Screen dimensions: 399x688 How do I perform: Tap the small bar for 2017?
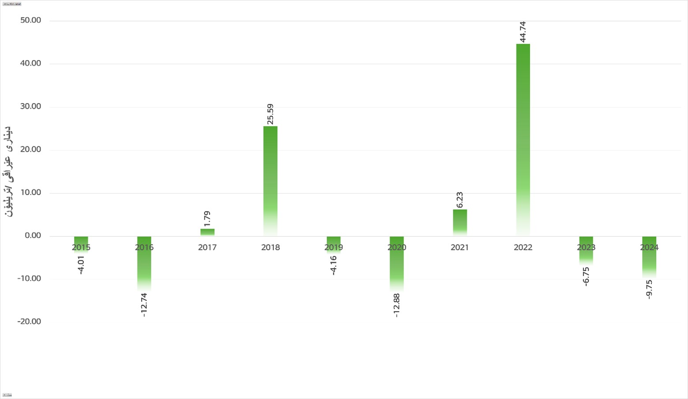click(x=207, y=232)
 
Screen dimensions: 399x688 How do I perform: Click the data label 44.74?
click(x=523, y=32)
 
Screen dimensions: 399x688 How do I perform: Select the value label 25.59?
click(x=270, y=114)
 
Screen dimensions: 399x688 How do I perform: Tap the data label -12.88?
click(x=396, y=305)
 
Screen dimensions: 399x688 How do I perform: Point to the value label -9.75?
click(x=649, y=289)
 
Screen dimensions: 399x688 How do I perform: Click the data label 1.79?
click(x=207, y=218)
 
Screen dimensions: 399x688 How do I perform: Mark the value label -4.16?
click(x=333, y=265)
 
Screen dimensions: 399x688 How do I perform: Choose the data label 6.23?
click(x=460, y=200)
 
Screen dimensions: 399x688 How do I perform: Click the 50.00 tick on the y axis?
click(x=30, y=20)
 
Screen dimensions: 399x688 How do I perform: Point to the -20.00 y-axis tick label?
click(x=29, y=321)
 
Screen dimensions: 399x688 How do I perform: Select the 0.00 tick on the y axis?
click(x=33, y=236)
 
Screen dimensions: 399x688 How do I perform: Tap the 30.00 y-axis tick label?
click(x=30, y=107)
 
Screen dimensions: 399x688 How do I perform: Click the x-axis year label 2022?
click(x=523, y=248)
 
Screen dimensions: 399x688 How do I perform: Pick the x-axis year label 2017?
click(x=207, y=248)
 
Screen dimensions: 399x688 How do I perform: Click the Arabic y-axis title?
click(x=8, y=172)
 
